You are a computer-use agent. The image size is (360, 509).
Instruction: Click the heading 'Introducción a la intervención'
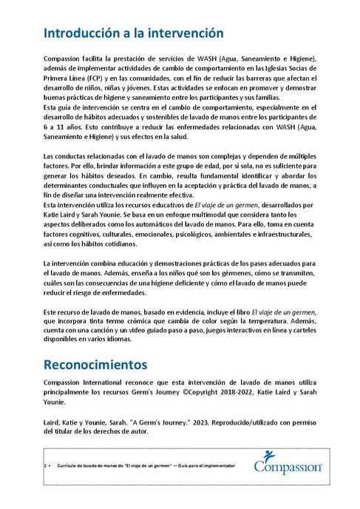point(133,33)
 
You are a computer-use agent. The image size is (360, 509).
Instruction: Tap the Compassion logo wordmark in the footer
point(288,468)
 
